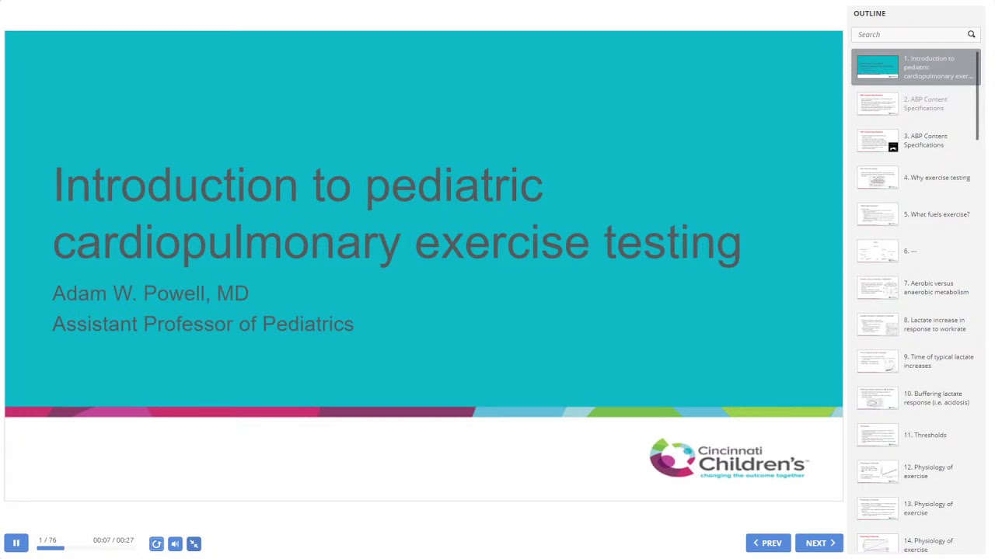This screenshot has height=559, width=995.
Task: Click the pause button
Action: click(16, 543)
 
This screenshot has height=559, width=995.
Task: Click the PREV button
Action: click(768, 543)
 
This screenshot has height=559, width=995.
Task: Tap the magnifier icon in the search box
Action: click(971, 34)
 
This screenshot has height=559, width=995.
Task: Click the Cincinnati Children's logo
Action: click(729, 459)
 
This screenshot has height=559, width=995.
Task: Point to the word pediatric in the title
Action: click(454, 186)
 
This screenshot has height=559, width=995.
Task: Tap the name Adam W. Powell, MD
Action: click(150, 293)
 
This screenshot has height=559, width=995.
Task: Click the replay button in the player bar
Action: click(156, 543)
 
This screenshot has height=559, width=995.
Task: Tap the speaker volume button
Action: click(175, 543)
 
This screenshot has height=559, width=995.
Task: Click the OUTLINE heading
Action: click(869, 13)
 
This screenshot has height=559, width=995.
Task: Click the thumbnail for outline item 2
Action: click(877, 103)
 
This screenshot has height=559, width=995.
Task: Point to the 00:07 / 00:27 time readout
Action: click(113, 540)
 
